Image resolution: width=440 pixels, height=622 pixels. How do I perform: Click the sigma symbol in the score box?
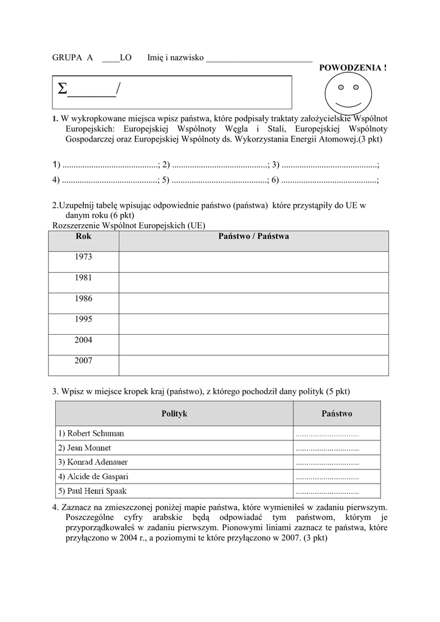click(62, 90)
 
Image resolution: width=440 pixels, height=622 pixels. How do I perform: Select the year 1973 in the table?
click(83, 257)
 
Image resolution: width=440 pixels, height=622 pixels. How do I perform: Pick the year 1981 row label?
click(83, 278)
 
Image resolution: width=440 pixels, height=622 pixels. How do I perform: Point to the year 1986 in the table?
click(83, 298)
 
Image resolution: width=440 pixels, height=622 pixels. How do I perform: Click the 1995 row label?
click(83, 319)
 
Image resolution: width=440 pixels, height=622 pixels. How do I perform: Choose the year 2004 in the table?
click(83, 340)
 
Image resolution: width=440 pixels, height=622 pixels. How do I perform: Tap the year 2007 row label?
click(83, 361)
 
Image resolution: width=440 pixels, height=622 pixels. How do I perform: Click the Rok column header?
click(83, 236)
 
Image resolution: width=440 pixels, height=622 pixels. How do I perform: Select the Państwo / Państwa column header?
click(253, 236)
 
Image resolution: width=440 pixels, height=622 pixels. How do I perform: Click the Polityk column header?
click(174, 414)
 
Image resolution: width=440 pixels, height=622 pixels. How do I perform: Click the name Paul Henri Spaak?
click(92, 491)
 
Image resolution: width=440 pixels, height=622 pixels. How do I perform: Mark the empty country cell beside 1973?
click(253, 262)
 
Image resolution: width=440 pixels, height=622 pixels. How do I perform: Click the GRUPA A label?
click(72, 58)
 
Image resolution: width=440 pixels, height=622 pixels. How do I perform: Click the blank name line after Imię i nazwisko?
click(259, 59)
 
